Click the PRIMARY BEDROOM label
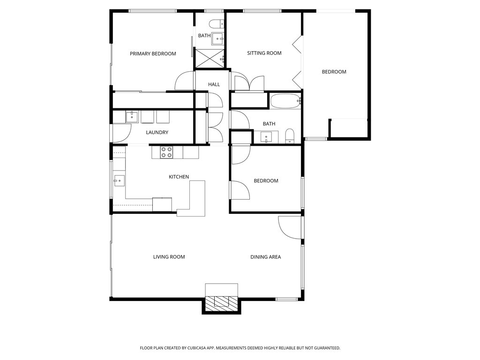[153, 53]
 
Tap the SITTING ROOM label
[264, 53]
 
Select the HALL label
[214, 84]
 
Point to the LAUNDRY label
[157, 132]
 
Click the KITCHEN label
[179, 177]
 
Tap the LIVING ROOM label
[169, 257]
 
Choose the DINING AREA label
[265, 257]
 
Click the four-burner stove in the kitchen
[166, 152]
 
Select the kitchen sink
[119, 180]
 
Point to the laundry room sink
[132, 117]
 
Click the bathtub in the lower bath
[285, 101]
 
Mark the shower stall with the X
[210, 58]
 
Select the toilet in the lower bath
[290, 135]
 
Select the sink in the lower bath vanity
[266, 136]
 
